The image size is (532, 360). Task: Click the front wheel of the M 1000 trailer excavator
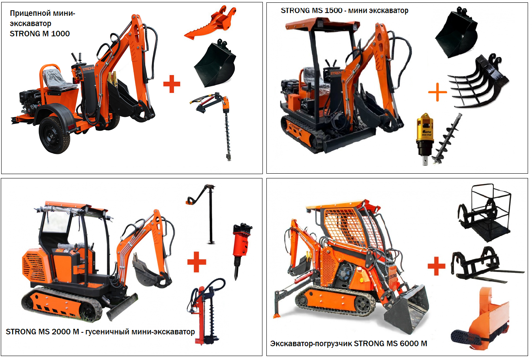(54, 135)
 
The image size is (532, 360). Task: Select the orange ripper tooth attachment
(211, 23)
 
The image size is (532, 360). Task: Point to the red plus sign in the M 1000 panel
(172, 84)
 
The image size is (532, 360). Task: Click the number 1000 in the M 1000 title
(60, 34)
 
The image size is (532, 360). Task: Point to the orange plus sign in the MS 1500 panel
(437, 92)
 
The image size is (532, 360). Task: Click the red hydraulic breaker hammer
(241, 251)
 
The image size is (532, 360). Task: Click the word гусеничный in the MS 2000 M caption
(107, 332)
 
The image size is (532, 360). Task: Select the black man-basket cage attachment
(485, 212)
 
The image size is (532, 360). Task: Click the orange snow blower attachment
(480, 320)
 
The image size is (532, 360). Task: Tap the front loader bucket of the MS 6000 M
(407, 310)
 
